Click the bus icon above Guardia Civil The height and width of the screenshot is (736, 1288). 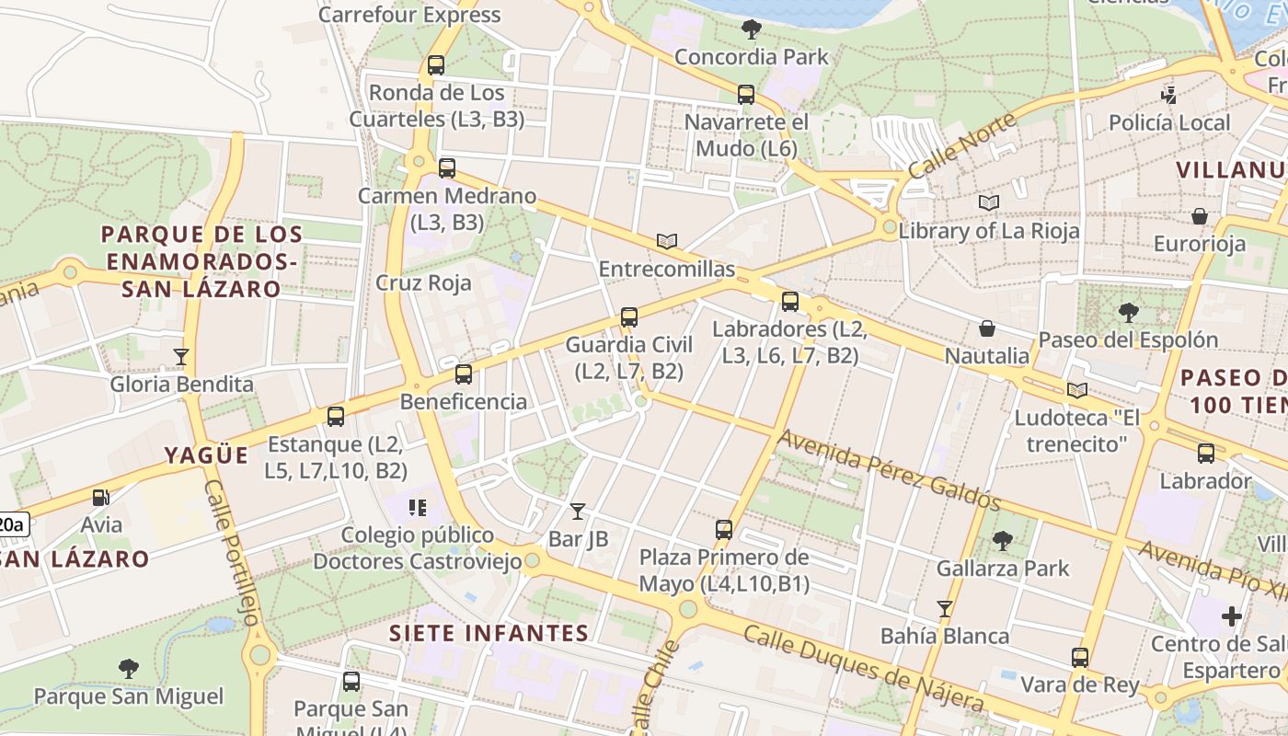tap(629, 317)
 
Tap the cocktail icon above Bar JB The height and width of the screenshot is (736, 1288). tap(578, 511)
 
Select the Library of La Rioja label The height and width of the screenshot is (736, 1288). tap(989, 231)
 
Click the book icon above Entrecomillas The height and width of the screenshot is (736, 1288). tap(667, 241)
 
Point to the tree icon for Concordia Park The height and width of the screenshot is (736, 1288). tap(752, 29)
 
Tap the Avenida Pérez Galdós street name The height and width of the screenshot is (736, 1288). tap(889, 468)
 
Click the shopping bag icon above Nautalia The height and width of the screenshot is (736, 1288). tap(987, 328)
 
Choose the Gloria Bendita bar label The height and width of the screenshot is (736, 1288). tap(182, 384)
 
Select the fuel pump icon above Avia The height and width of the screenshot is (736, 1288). tap(100, 498)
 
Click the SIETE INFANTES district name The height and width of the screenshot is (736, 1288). tap(489, 633)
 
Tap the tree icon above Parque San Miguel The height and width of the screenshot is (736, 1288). tap(129, 669)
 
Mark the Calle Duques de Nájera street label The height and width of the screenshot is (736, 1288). tap(863, 669)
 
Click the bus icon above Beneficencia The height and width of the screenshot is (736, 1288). tap(464, 374)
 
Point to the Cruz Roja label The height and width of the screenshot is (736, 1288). tap(423, 282)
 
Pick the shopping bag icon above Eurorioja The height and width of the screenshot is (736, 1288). tap(1200, 217)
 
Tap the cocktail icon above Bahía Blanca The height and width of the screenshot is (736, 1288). tap(944, 608)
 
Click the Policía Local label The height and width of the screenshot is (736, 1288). tap(1168, 122)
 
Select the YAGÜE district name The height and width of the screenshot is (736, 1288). tap(207, 455)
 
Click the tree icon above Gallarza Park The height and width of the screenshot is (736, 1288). tap(1003, 541)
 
